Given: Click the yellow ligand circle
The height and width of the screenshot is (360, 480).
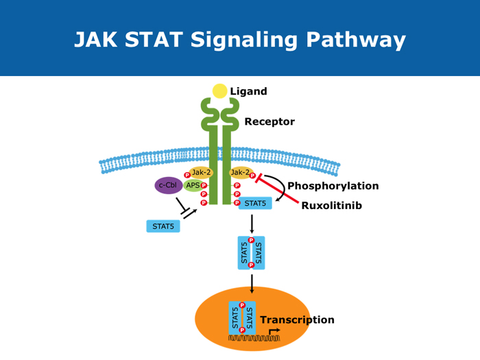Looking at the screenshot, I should (219, 91).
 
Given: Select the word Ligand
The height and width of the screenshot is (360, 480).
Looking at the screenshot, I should (248, 91).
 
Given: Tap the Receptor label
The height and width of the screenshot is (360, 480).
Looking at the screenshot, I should (269, 122).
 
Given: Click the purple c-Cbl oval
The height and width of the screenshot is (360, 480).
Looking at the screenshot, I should (167, 185).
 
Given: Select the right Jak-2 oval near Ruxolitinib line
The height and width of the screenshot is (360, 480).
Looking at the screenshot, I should (241, 173).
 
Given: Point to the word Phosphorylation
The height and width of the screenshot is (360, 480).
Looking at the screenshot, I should (333, 186).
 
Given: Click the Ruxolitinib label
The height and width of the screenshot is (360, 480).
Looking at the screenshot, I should (332, 206).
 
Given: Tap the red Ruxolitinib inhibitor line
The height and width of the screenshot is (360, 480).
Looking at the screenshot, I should (277, 191).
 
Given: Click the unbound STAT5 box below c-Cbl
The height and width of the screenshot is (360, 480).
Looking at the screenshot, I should (163, 226).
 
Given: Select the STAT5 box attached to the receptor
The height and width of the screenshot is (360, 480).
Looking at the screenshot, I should (256, 203).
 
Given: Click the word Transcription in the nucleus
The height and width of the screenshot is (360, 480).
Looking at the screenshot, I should (297, 320).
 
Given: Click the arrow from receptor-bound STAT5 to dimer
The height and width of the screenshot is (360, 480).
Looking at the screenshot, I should (252, 224).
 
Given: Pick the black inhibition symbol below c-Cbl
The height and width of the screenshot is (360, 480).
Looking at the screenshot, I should (185, 207).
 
